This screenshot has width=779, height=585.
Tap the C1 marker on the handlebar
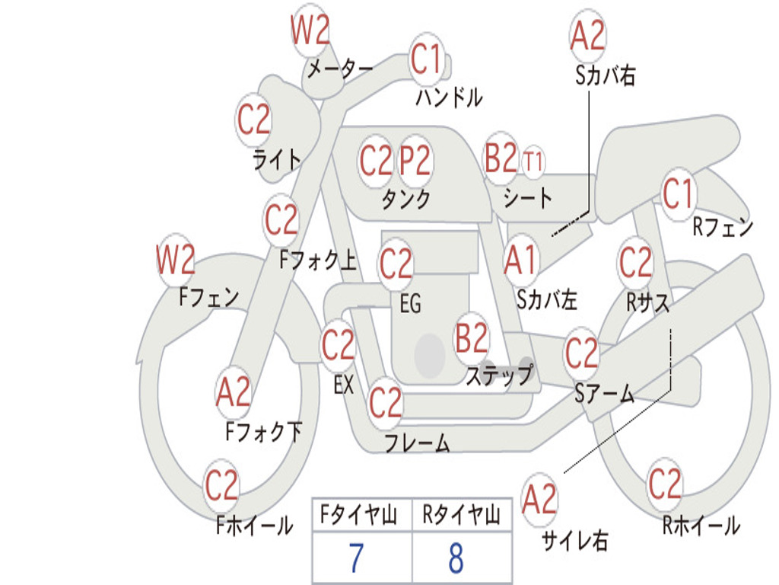tap(426, 59)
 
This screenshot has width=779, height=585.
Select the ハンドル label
tap(449, 97)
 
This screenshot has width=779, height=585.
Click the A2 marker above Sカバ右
tap(587, 36)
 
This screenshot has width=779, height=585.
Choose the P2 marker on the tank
tap(415, 161)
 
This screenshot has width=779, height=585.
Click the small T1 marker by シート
tap(533, 162)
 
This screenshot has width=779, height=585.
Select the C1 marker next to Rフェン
tap(678, 194)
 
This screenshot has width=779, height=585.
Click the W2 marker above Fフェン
tap(176, 261)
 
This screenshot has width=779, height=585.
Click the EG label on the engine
tap(410, 304)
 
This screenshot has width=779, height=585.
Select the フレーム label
tap(417, 443)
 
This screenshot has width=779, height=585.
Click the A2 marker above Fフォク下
tap(233, 393)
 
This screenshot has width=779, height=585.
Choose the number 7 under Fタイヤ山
tap(356, 558)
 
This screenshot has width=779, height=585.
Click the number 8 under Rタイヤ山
tap(456, 558)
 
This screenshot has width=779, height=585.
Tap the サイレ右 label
tap(574, 541)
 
